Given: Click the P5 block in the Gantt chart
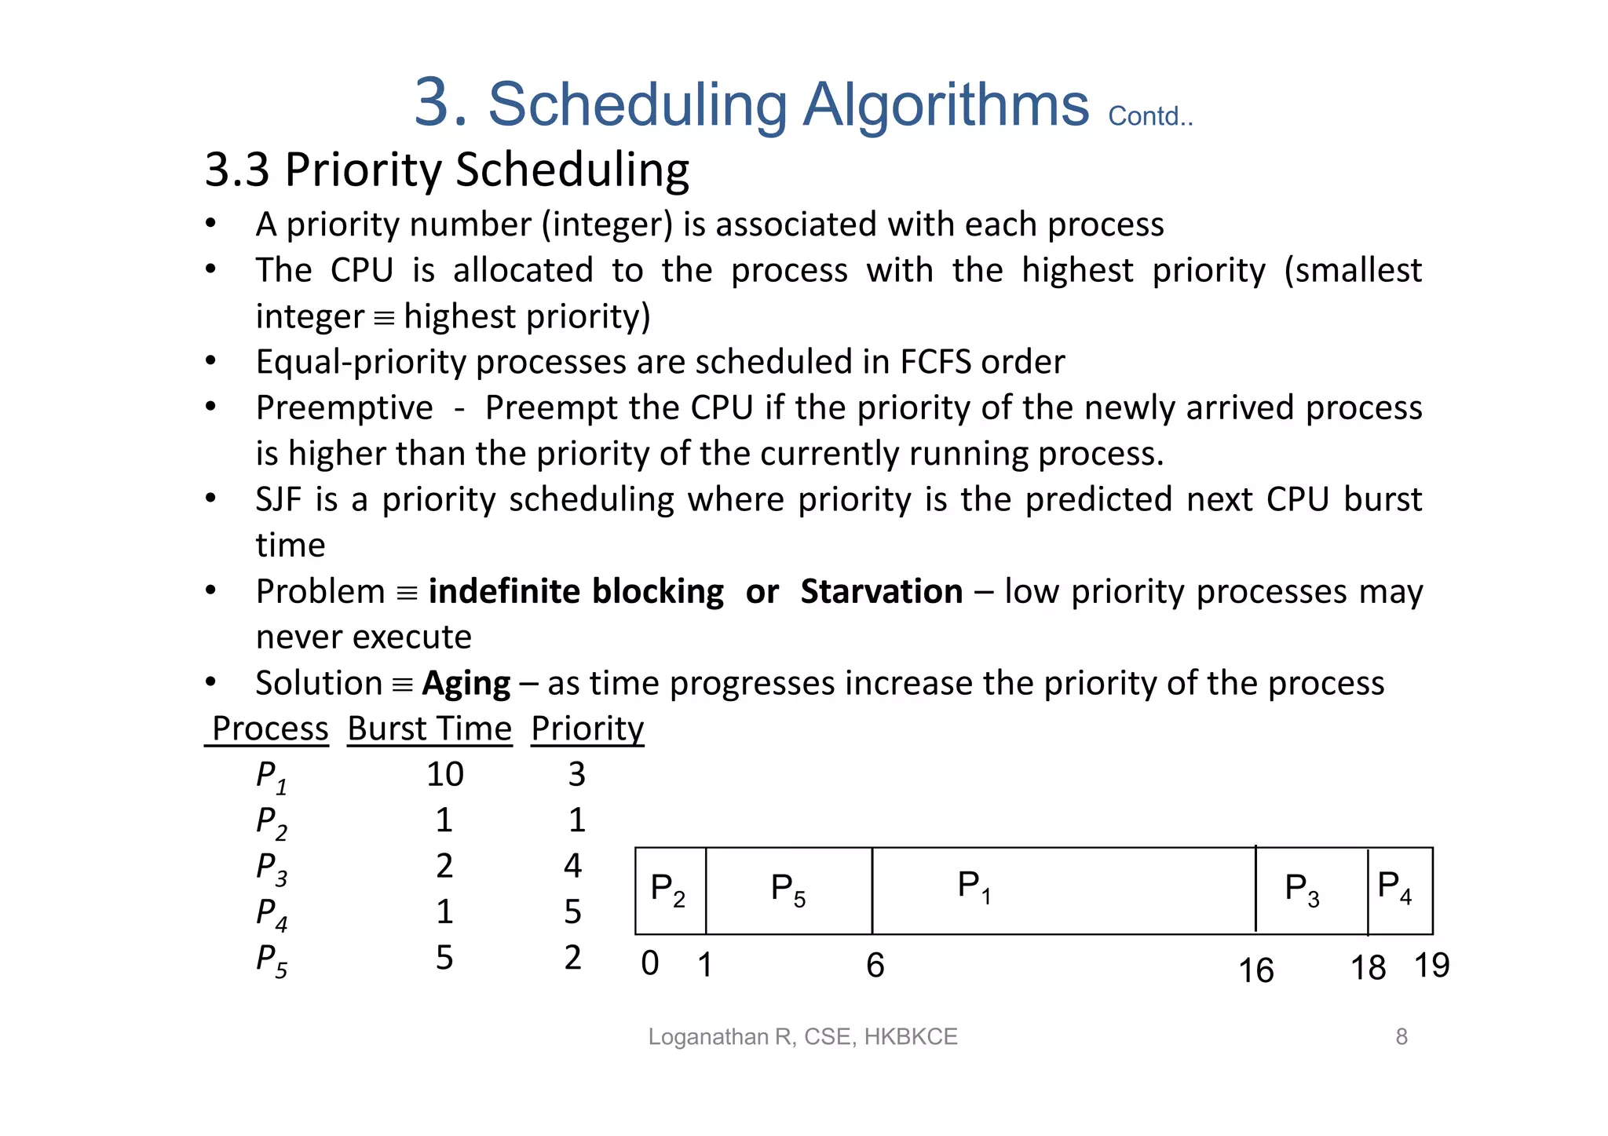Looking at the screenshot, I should (788, 890).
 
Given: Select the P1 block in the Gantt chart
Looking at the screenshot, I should (1063, 890).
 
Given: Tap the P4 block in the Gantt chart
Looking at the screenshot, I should (1399, 890).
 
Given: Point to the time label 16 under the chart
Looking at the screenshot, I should (1255, 971).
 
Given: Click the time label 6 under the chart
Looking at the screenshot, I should (875, 966).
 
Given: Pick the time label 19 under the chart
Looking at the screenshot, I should (1431, 966).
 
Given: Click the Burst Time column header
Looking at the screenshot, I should (429, 729).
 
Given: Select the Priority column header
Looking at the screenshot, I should (587, 729).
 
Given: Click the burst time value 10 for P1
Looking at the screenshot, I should (444, 775).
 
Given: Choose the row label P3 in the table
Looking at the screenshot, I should (272, 868).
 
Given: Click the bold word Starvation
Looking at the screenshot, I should (881, 591).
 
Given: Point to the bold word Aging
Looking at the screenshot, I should (466, 684).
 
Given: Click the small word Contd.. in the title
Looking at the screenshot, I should (1149, 116).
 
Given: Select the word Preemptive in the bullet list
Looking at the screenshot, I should (344, 408).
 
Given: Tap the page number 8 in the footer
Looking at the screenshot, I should (1401, 1037).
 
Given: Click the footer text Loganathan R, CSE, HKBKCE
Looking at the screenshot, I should (802, 1037).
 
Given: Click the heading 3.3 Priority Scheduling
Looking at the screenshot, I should (447, 170).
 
